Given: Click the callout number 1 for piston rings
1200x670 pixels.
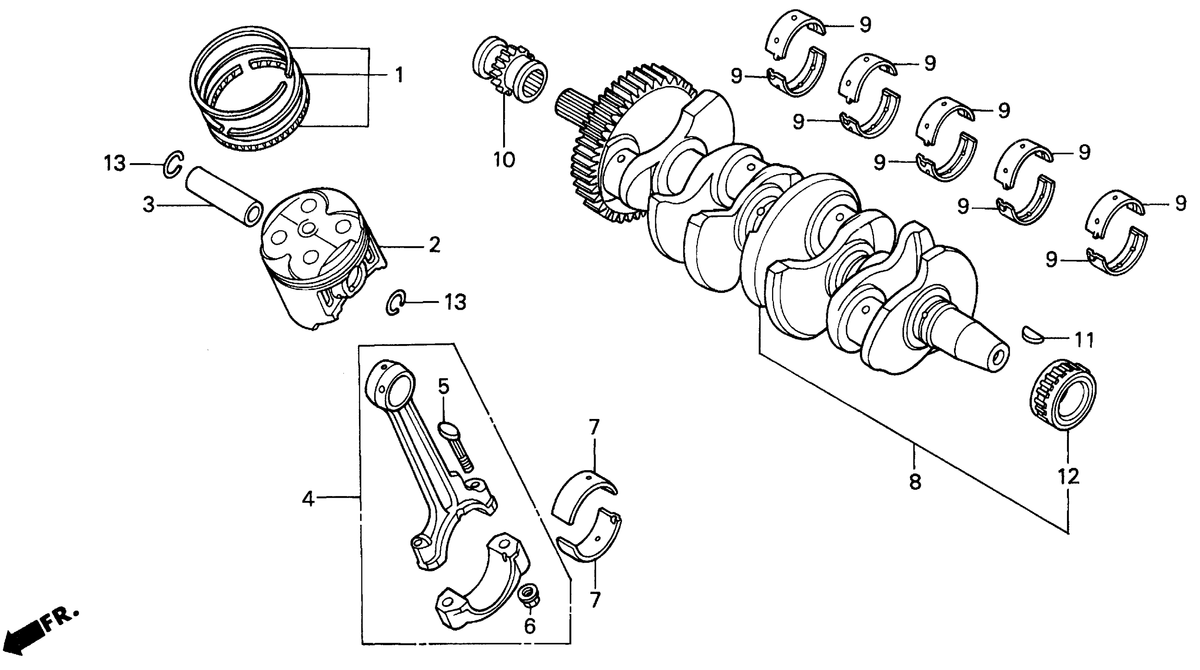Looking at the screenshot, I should click(399, 75).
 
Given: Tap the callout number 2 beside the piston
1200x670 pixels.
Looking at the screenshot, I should click(434, 245).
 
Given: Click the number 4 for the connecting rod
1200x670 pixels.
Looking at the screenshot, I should click(308, 499).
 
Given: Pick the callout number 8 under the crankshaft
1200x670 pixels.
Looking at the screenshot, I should click(915, 482).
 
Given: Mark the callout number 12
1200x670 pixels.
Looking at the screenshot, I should click(1068, 476).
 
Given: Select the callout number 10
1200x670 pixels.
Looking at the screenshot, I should click(504, 160).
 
